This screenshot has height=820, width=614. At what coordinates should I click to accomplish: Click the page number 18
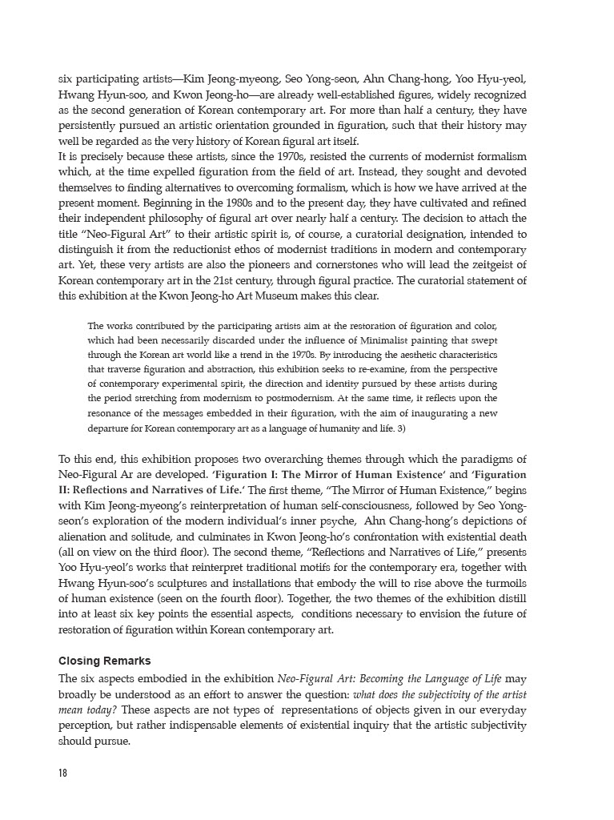(x=63, y=773)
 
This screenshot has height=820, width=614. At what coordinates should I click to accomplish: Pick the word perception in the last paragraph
(x=89, y=726)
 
